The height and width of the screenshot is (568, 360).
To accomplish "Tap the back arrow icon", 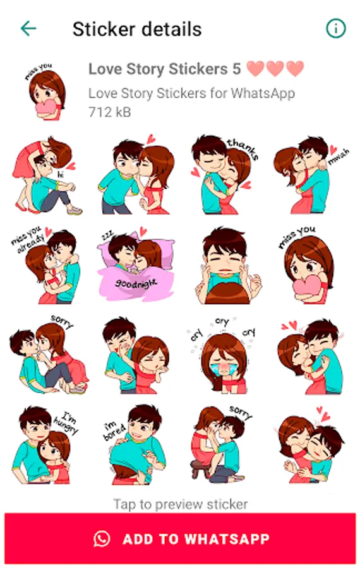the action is click(28, 28).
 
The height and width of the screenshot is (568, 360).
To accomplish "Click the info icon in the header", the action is click(336, 28).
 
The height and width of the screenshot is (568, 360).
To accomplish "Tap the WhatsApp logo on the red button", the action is click(102, 539).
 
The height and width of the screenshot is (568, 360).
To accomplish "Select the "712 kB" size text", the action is click(109, 112).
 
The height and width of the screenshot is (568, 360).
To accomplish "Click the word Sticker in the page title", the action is click(104, 29).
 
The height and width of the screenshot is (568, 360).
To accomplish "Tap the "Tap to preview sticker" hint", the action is click(181, 504).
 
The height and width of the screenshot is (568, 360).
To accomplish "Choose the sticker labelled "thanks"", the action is click(225, 175).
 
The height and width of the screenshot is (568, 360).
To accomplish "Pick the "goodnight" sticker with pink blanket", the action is click(136, 264).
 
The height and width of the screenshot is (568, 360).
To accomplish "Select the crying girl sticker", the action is click(222, 355).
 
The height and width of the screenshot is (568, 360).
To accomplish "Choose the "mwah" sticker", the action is click(311, 175).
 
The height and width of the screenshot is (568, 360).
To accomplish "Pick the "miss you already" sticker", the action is click(45, 266).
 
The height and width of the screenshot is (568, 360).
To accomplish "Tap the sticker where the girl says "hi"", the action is click(45, 175).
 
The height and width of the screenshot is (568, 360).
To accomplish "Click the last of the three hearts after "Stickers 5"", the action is click(295, 68).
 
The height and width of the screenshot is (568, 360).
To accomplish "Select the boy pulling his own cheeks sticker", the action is click(227, 266).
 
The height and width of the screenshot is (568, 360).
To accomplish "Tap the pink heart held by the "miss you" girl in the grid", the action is click(306, 286).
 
